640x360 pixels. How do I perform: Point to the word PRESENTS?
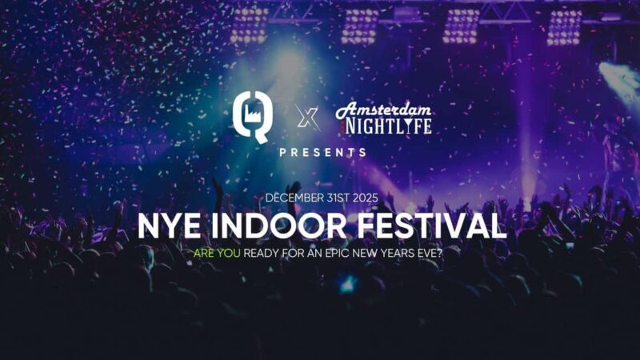[322, 151]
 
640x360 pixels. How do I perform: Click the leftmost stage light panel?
[248, 26]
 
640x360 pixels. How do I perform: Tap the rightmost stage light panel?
[564, 26]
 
